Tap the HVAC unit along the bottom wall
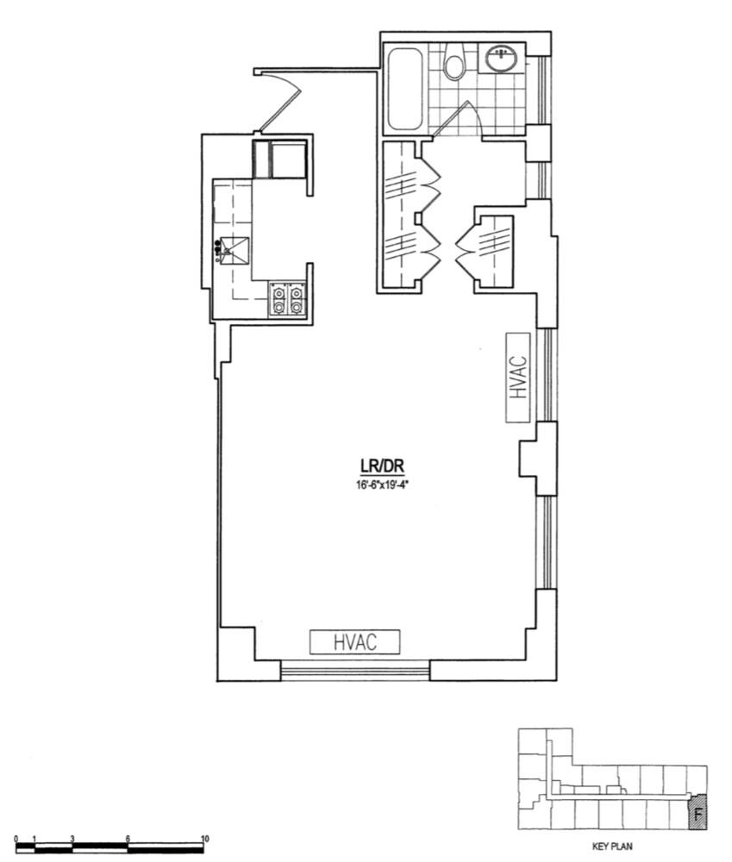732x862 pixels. [x=355, y=641]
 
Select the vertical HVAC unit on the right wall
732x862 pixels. [x=517, y=377]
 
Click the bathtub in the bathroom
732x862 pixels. [x=404, y=90]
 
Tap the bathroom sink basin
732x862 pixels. [x=501, y=59]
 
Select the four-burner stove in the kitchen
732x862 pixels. [x=287, y=299]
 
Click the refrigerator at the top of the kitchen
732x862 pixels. [x=279, y=159]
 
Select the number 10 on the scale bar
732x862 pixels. [x=205, y=839]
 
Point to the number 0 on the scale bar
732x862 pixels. [x=16, y=839]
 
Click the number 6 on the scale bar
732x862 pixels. [x=128, y=839]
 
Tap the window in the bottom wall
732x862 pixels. [x=355, y=670]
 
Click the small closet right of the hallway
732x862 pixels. [x=494, y=251]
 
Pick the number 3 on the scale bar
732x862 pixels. [x=73, y=839]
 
